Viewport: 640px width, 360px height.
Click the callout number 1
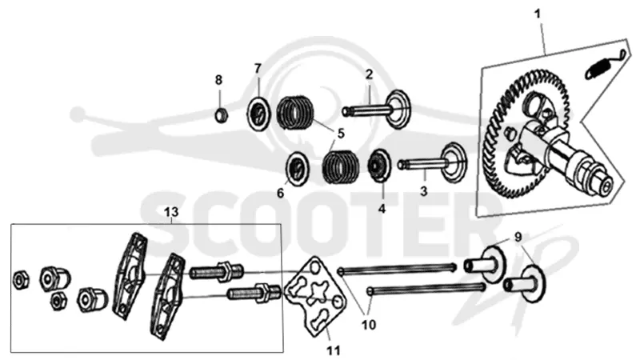(538, 14)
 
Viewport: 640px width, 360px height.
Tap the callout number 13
(171, 212)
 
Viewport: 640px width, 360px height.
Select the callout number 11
(334, 350)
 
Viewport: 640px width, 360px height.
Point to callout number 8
(218, 80)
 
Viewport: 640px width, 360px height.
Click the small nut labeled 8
(222, 115)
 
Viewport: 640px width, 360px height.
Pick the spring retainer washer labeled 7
(258, 113)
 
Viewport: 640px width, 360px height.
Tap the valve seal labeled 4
(379, 165)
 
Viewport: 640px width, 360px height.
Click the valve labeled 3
(434, 162)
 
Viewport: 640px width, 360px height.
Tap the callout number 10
(369, 325)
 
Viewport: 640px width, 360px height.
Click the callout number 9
(518, 237)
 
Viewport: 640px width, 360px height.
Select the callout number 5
(341, 134)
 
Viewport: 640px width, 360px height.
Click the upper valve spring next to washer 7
(294, 113)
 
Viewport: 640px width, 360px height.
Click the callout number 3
(424, 191)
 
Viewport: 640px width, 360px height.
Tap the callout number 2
(369, 74)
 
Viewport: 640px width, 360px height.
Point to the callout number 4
(382, 209)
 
